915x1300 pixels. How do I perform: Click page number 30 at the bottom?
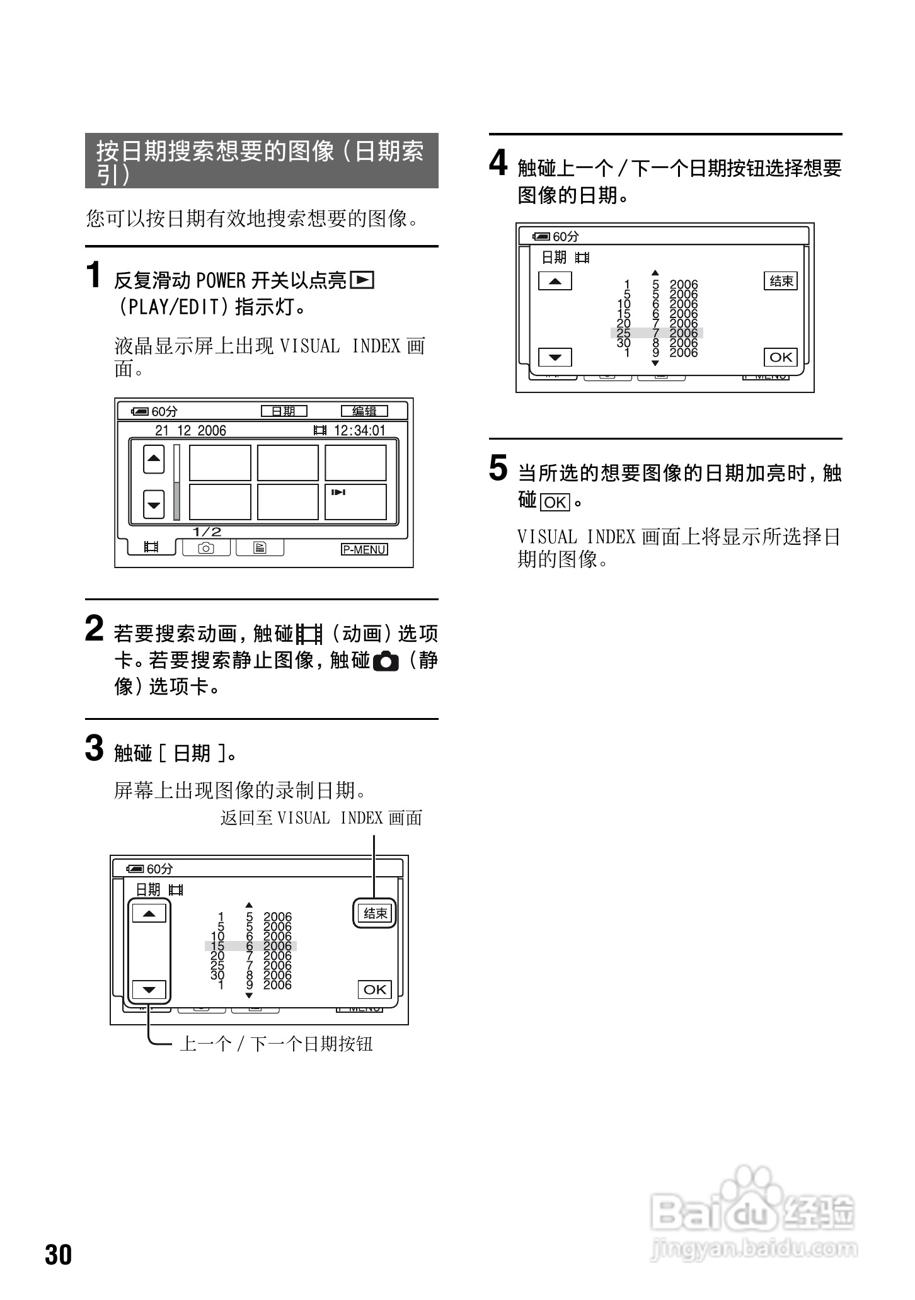59,1255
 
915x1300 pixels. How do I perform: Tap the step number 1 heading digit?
93,275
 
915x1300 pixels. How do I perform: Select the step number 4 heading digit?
498,163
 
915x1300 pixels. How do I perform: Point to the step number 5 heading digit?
498,468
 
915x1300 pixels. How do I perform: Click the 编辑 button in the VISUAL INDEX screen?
364,411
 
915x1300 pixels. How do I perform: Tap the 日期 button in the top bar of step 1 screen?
284,411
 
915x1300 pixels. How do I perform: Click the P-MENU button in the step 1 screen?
364,549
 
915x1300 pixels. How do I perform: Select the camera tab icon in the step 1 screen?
206,548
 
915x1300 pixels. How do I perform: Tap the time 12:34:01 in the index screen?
359,431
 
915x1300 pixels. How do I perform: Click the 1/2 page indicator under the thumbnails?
207,532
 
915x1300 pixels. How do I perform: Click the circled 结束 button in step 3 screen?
374,913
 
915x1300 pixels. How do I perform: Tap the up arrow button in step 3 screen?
149,913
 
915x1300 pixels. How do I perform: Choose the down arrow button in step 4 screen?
555,358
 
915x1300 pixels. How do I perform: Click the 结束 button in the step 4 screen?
781,281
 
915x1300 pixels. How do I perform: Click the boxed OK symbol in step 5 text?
555,502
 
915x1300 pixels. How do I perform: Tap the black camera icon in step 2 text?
386,662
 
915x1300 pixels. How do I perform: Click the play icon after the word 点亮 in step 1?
362,279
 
